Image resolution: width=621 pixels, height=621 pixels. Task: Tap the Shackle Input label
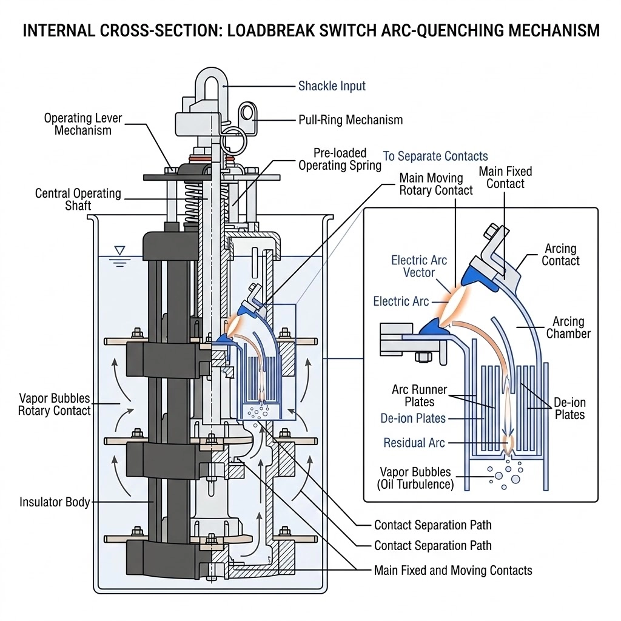[x=332, y=86]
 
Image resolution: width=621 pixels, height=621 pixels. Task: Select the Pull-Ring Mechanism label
[x=351, y=120]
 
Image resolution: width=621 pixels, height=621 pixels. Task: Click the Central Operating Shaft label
[x=78, y=200]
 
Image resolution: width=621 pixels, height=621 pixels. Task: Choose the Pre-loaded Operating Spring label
[x=340, y=159]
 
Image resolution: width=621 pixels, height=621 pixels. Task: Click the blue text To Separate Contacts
[x=435, y=156]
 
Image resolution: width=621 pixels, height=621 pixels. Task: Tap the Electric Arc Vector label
[x=419, y=266]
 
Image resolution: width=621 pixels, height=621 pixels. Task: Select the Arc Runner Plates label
[x=420, y=395]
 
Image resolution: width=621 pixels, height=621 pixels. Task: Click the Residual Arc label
[x=414, y=443]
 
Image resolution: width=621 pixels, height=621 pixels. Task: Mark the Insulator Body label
[x=55, y=502]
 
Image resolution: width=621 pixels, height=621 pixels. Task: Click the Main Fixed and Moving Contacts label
[x=453, y=570]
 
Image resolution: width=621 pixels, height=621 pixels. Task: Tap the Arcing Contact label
[x=560, y=255]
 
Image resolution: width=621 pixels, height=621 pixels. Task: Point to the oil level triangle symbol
[x=119, y=250]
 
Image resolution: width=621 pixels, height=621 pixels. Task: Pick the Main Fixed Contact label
[x=505, y=177]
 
